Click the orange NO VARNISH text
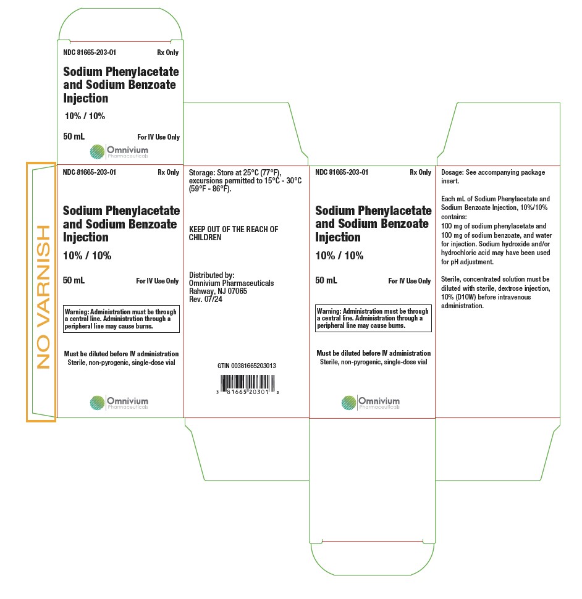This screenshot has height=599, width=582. [43, 297]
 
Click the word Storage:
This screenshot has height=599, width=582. [202, 173]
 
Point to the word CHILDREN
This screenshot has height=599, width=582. [205, 237]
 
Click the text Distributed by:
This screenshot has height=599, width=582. [212, 275]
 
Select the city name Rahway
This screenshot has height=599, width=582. [201, 291]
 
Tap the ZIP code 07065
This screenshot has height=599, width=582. [237, 291]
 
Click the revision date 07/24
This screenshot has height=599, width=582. [213, 299]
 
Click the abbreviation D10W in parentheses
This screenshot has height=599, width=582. [464, 297]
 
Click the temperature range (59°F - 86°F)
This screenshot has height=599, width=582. [210, 189]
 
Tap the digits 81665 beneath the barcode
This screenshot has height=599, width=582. [237, 392]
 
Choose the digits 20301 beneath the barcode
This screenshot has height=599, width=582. [259, 392]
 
